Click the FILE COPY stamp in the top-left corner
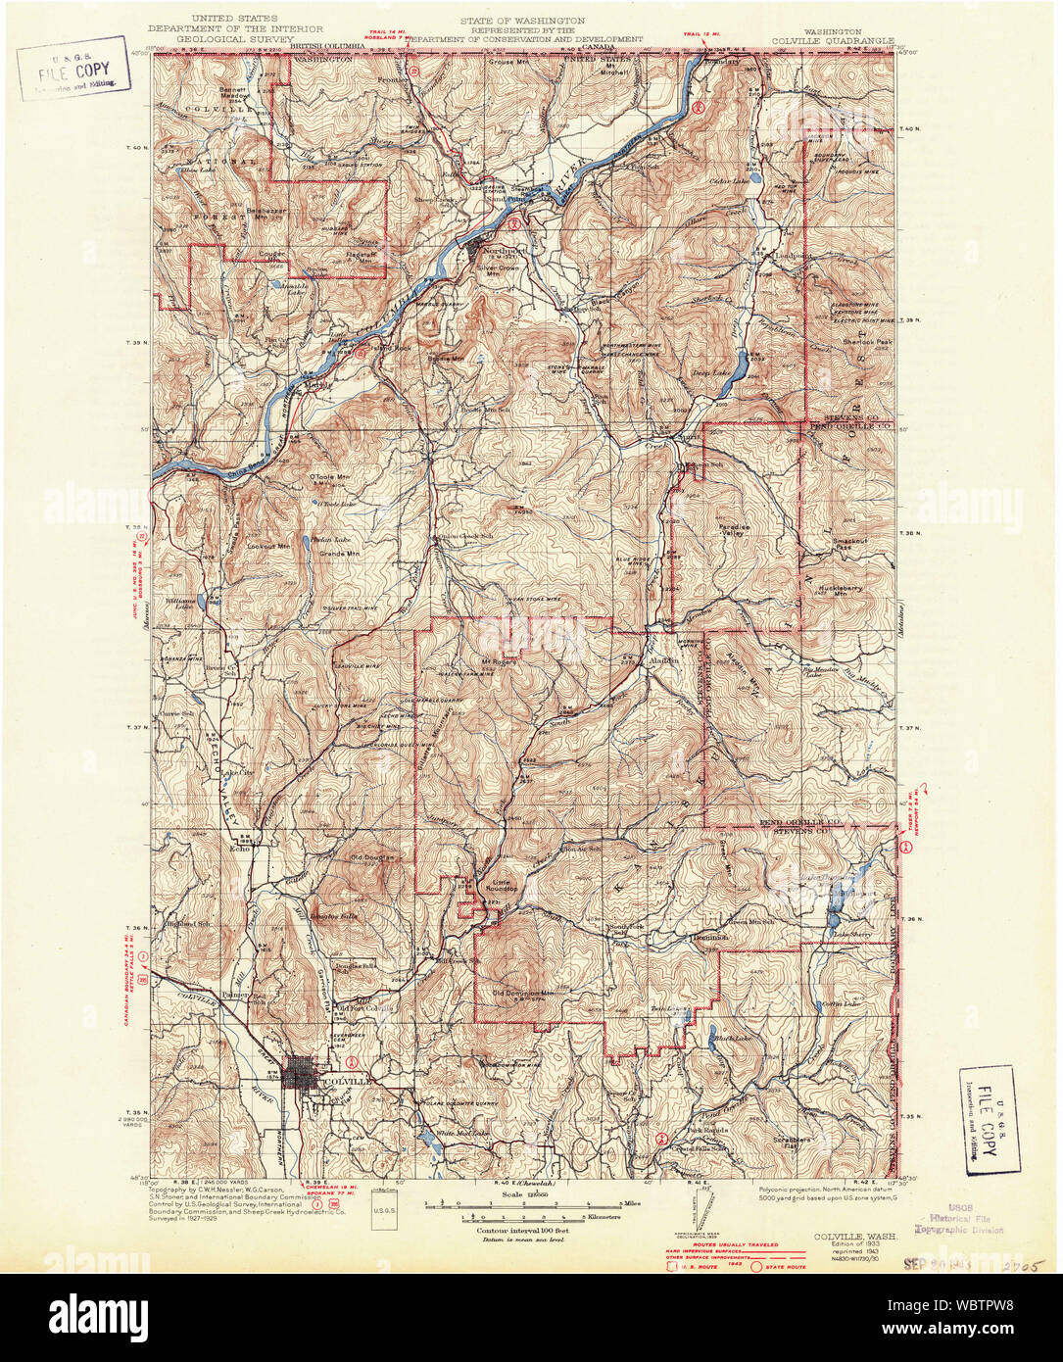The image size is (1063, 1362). [73, 70]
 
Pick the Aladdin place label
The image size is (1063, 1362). [664, 660]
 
